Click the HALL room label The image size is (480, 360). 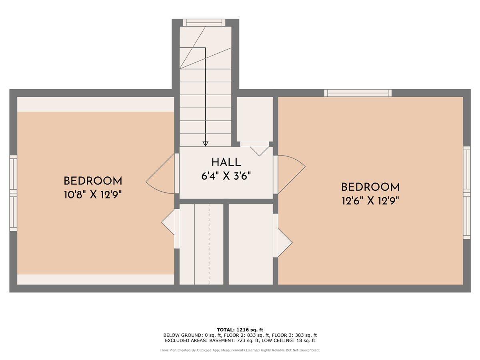226,162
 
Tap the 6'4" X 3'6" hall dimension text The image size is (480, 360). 226,176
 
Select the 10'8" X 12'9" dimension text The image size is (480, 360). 93,194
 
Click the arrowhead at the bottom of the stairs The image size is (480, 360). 205,144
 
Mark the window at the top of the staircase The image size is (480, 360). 204,23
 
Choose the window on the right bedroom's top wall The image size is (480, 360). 358,93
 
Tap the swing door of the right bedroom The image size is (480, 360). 289,174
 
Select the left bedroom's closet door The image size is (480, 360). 170,228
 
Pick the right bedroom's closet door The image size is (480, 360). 282,236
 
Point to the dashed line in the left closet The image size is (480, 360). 209,244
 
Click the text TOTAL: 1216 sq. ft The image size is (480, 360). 240,330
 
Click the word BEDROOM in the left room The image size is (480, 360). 93,181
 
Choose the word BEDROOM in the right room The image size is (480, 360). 370,187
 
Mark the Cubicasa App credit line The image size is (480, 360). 240,350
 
